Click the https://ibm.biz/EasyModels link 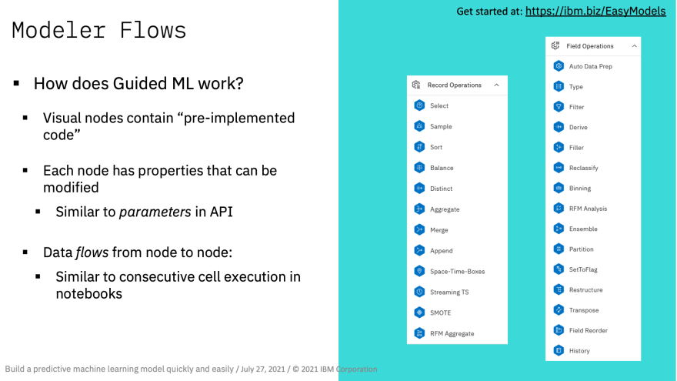click(595, 12)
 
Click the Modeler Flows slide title click(99, 31)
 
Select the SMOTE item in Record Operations click(440, 312)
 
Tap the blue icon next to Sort click(419, 147)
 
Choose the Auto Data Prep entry click(590, 66)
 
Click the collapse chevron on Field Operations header click(634, 45)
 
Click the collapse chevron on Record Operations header click(496, 85)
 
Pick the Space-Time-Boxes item click(457, 271)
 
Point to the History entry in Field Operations click(579, 351)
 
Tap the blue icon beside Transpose click(559, 309)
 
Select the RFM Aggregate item click(452, 333)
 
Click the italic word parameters click(155, 212)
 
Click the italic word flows click(92, 252)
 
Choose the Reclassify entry click(583, 168)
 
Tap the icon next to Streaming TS click(419, 292)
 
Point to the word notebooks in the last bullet click(89, 294)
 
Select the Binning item click(580, 189)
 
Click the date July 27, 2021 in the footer click(262, 369)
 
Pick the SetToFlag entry click(583, 269)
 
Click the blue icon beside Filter click(559, 107)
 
